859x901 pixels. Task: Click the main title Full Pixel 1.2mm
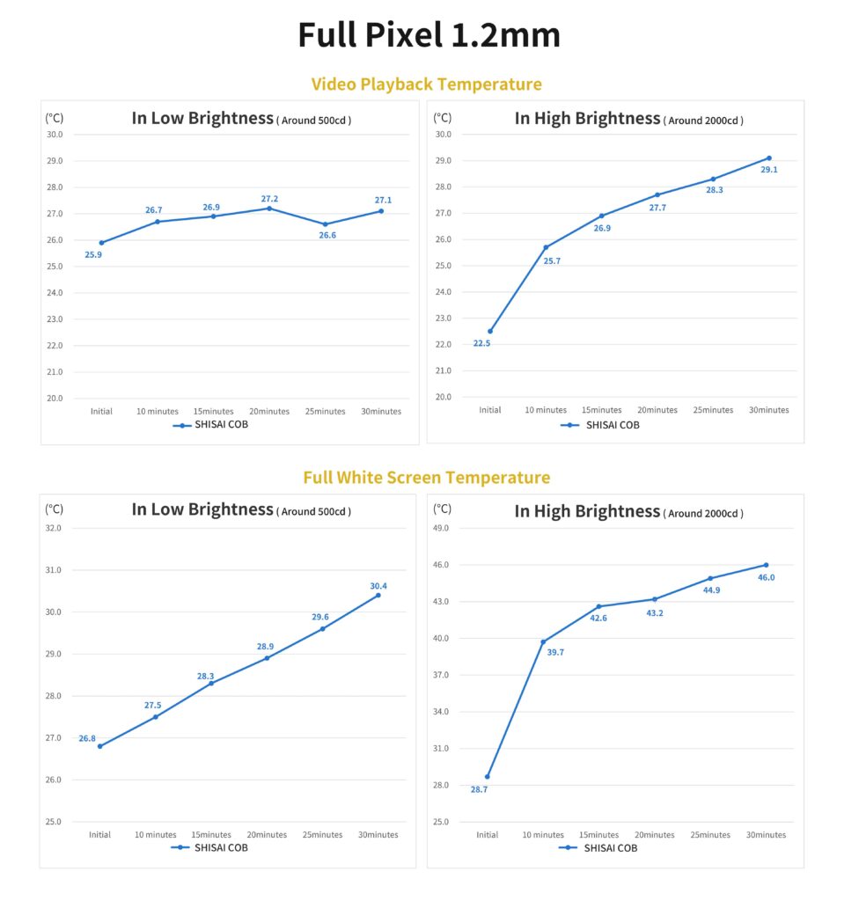click(x=429, y=35)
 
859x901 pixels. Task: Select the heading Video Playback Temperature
click(x=426, y=84)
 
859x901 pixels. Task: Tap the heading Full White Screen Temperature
click(x=426, y=478)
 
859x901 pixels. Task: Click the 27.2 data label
click(x=269, y=199)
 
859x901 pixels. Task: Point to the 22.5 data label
click(x=481, y=343)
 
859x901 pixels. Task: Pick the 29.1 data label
click(x=769, y=170)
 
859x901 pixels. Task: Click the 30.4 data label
click(x=378, y=585)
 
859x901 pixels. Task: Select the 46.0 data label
click(x=766, y=577)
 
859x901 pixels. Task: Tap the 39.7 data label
click(x=555, y=653)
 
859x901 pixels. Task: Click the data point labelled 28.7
click(x=487, y=776)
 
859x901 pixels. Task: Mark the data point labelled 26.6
click(x=325, y=224)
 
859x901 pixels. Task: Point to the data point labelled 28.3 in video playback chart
click(x=713, y=179)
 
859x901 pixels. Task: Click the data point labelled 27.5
click(x=156, y=717)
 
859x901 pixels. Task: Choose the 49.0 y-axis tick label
click(x=441, y=528)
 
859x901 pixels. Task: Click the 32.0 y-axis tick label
click(x=54, y=528)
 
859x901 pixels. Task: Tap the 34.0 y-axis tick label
click(x=441, y=711)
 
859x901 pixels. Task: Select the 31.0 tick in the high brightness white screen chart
click(x=441, y=748)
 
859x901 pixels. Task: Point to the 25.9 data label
click(x=93, y=255)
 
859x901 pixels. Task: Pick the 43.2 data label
click(x=655, y=612)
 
